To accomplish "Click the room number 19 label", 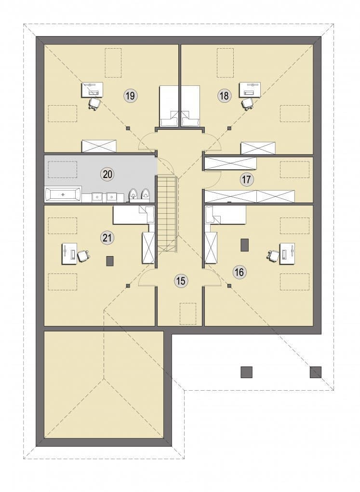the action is pyautogui.click(x=131, y=95).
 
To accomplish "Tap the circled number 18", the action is pyautogui.click(x=225, y=95).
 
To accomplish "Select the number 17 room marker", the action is pyautogui.click(x=246, y=180).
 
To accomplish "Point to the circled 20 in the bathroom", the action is pyautogui.click(x=107, y=174).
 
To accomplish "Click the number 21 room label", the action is pyautogui.click(x=107, y=237).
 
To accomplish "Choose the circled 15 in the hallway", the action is pyautogui.click(x=181, y=281).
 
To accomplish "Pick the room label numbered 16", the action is pyautogui.click(x=239, y=272).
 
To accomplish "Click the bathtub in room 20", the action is pyautogui.click(x=63, y=194).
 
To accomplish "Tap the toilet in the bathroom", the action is pyautogui.click(x=133, y=195).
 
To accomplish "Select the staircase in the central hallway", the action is pyautogui.click(x=167, y=213).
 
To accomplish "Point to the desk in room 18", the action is pyautogui.click(x=250, y=90).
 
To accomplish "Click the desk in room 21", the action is pyautogui.click(x=69, y=253).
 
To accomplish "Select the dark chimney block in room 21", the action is pyautogui.click(x=110, y=261).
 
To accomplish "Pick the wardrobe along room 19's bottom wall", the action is pyautogui.click(x=99, y=146).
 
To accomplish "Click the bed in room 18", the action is pyautogui.click(x=190, y=106).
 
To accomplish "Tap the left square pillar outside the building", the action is pyautogui.click(x=247, y=372).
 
